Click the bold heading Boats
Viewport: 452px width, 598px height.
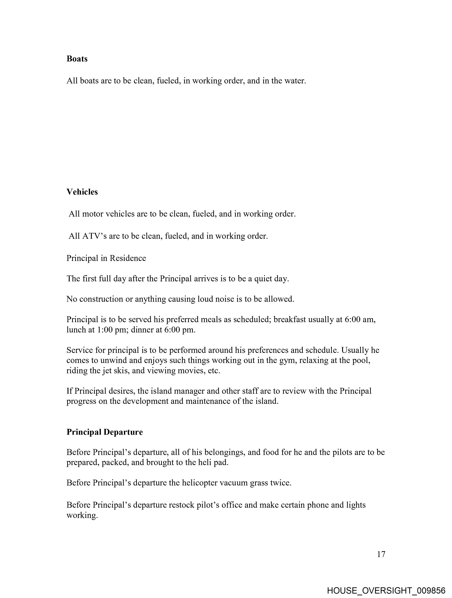pos(77,59)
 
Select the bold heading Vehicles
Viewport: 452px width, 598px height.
pos(82,192)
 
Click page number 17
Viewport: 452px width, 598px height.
pos(381,554)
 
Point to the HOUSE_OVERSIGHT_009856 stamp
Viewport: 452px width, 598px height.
pos(386,590)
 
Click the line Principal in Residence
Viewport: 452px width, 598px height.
pos(106,258)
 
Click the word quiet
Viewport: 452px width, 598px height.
pos(263,278)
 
